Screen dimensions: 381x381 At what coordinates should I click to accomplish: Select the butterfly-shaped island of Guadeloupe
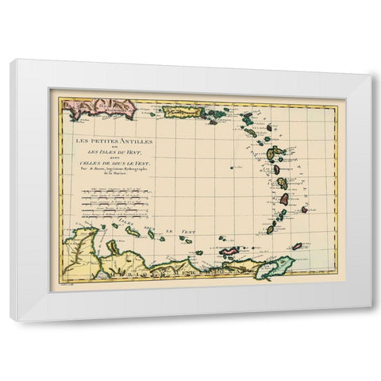tap(275, 153)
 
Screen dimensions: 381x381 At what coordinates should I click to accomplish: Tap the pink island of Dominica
tap(277, 169)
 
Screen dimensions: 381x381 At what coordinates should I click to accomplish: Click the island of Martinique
tap(282, 183)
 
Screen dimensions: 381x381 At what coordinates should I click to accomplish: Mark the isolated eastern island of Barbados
tap(304, 210)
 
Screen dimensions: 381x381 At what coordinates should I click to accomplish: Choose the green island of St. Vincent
tap(281, 213)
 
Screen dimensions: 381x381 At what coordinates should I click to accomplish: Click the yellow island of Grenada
tap(271, 229)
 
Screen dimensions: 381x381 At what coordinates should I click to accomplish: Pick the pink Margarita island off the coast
tap(229, 250)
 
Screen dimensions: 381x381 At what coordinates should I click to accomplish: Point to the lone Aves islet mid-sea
tap(233, 167)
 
